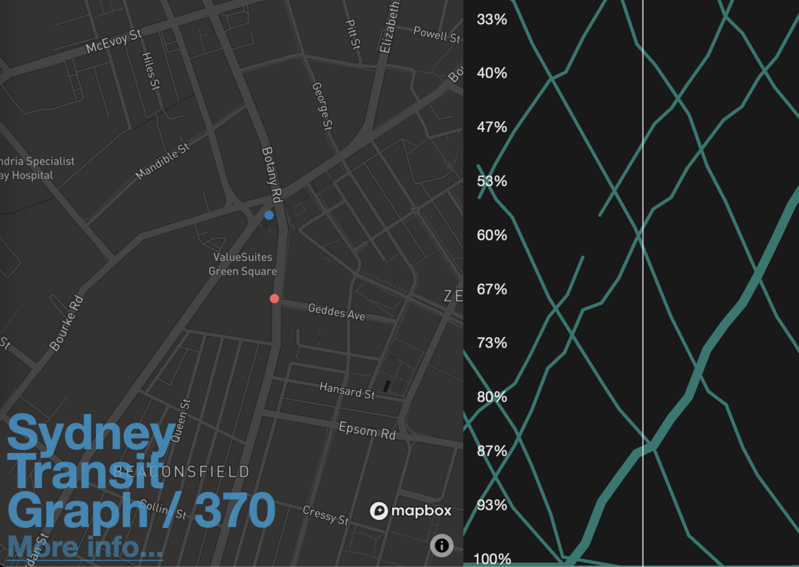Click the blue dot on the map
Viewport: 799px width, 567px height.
point(269,215)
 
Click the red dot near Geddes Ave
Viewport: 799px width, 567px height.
point(275,299)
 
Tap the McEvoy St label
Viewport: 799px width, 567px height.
point(113,41)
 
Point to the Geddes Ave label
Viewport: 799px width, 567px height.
point(337,312)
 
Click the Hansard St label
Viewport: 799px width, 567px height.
point(347,390)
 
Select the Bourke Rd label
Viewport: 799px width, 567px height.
point(66,323)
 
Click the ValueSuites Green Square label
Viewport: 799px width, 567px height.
point(242,264)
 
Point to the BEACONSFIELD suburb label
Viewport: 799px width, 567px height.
point(182,472)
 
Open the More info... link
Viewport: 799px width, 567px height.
point(85,547)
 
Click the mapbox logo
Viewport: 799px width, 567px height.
point(410,511)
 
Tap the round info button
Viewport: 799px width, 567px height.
point(442,545)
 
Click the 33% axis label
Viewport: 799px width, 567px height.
point(492,20)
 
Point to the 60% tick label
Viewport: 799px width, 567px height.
point(492,235)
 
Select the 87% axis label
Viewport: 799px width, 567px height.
point(492,451)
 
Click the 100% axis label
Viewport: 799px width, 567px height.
point(492,559)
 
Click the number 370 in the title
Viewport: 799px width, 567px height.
point(235,511)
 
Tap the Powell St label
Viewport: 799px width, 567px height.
point(436,34)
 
